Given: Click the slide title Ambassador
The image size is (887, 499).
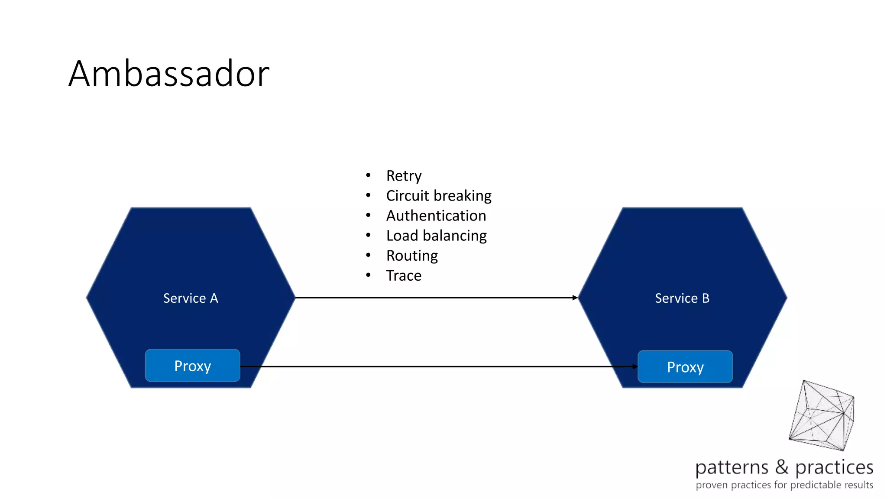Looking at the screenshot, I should click(x=169, y=74).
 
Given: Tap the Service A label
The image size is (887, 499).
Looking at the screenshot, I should click(x=191, y=298).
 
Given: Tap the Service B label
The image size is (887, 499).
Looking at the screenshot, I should click(x=682, y=298).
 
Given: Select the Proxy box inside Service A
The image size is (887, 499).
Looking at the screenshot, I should click(x=192, y=366).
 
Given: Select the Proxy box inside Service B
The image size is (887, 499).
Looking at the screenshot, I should click(x=685, y=367).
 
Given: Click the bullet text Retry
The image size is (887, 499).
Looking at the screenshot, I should click(x=404, y=176).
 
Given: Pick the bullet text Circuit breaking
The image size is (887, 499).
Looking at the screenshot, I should click(x=439, y=196).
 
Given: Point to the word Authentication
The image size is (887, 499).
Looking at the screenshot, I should click(x=436, y=216).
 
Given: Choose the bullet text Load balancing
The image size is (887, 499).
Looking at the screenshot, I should click(x=436, y=236).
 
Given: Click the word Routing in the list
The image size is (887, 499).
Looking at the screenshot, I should click(x=412, y=256).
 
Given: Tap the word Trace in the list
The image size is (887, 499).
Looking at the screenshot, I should click(x=404, y=275).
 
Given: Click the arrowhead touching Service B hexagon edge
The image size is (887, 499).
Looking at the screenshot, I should click(x=575, y=298).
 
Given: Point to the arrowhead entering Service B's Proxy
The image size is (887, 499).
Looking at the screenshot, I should click(x=635, y=366).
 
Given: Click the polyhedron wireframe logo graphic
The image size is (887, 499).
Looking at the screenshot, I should click(x=822, y=416).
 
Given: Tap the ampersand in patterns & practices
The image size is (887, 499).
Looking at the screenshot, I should click(x=782, y=467).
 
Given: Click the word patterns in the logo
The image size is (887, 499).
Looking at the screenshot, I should click(x=732, y=468).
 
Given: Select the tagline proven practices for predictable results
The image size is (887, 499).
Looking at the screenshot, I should click(x=784, y=485).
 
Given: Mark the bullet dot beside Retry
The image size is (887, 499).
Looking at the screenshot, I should click(x=368, y=175).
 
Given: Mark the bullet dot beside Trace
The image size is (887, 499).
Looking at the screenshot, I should click(x=368, y=275).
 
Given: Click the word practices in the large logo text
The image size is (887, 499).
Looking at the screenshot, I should click(x=834, y=468).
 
